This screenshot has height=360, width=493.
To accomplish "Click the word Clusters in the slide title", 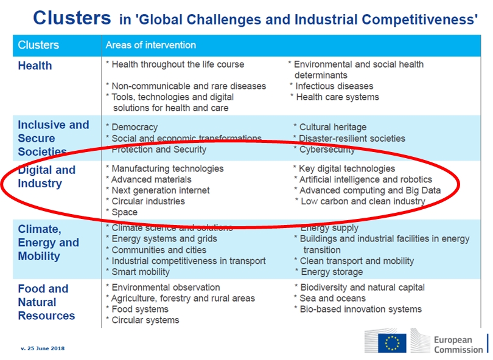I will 72,18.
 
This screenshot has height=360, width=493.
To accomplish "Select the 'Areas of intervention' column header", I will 151,45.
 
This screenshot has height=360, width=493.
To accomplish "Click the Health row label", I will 35,66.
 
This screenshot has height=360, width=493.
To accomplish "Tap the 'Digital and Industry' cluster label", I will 46,176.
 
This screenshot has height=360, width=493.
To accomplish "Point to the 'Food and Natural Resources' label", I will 46,302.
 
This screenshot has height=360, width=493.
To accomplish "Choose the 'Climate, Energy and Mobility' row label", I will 48,243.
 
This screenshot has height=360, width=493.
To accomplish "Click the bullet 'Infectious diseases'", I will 334,86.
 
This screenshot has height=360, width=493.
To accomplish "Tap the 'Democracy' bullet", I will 134,127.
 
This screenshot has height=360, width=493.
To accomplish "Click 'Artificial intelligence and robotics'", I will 365,179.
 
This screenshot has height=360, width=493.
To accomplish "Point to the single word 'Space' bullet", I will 124,212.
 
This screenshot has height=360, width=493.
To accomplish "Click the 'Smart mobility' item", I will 141,272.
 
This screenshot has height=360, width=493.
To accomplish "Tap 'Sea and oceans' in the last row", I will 332,298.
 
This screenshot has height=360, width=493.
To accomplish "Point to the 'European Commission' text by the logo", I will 458,344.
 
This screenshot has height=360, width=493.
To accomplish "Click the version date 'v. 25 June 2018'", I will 43,348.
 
